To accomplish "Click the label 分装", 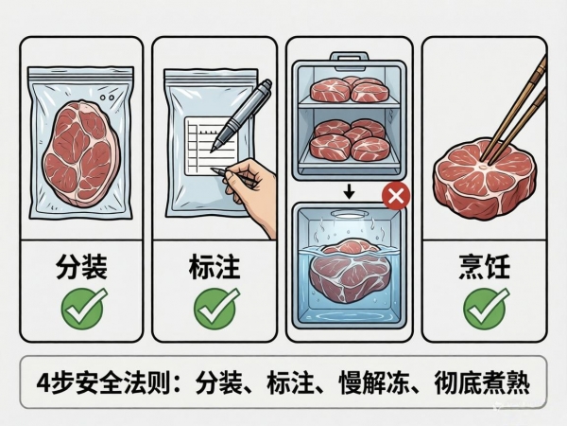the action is tap(81, 267).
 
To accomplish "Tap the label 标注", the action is tap(215, 267).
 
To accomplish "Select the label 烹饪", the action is tap(485, 267).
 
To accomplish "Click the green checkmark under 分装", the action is tap(83, 309).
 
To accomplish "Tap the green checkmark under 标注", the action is tap(215, 309).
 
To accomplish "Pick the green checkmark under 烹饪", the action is tap(486, 309).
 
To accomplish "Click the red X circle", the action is tap(396, 196).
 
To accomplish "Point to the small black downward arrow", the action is tap(349, 191).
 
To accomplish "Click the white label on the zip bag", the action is tap(211, 146).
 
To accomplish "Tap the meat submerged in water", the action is tap(348, 270).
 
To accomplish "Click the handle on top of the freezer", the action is tap(349, 61).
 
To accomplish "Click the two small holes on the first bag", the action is tap(107, 98).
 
